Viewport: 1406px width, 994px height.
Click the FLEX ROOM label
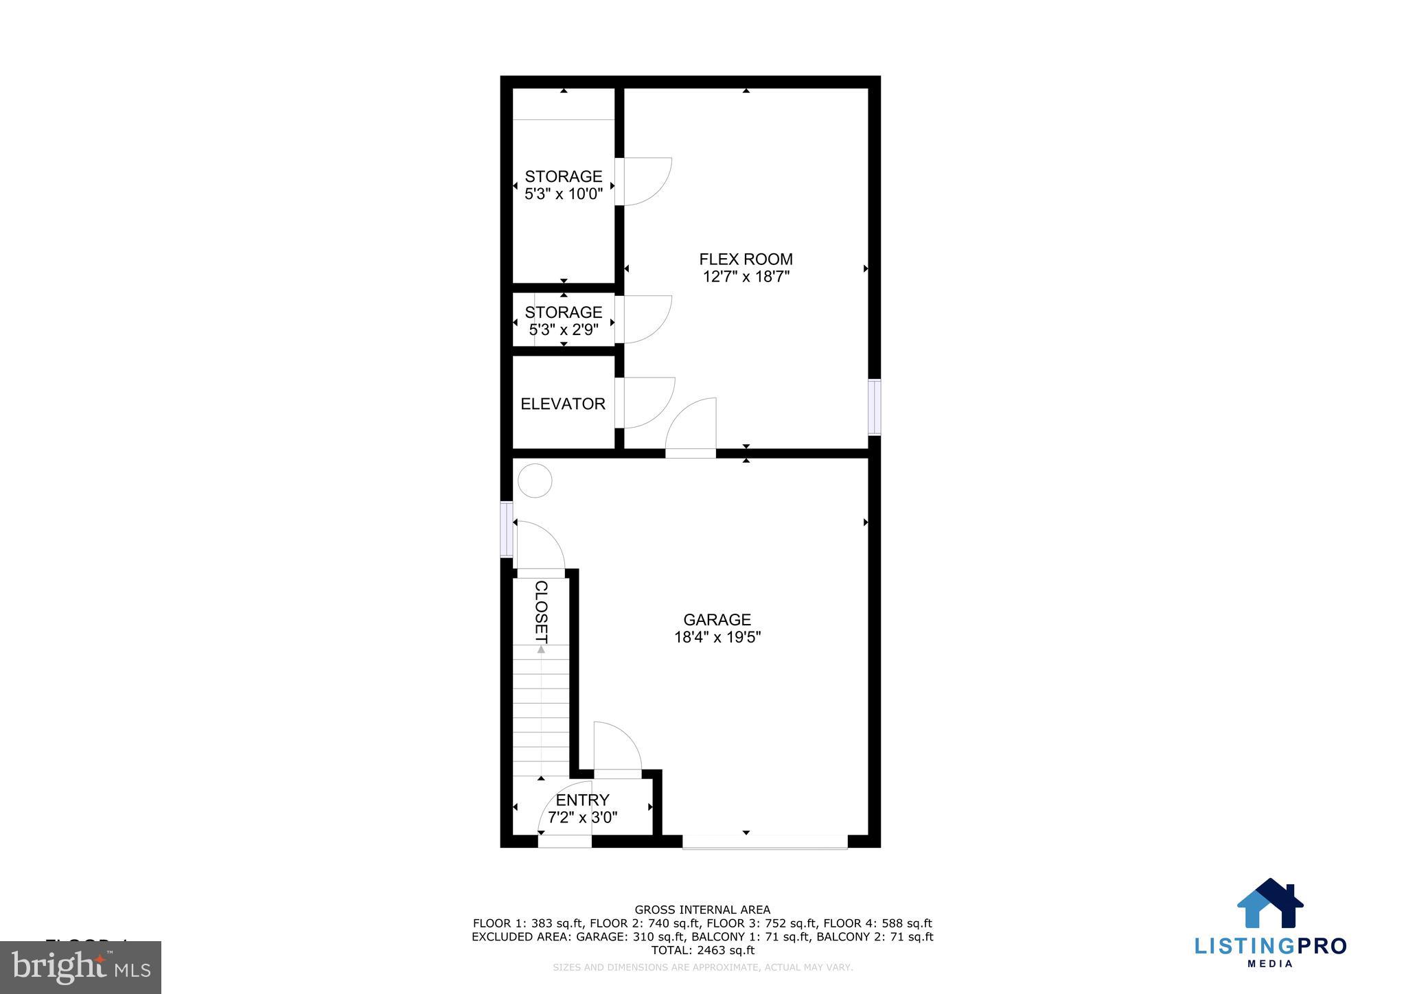(x=746, y=259)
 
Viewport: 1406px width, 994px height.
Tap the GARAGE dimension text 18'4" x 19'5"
(x=717, y=637)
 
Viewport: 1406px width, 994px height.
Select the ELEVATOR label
(x=563, y=404)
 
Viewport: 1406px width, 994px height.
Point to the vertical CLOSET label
(x=541, y=612)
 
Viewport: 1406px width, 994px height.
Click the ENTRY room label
(x=582, y=800)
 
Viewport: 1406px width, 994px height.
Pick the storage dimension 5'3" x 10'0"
(x=564, y=194)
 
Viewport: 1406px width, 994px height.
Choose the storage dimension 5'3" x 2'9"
(x=564, y=330)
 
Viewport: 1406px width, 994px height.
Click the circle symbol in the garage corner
(x=534, y=481)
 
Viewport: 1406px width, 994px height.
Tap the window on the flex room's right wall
(x=874, y=407)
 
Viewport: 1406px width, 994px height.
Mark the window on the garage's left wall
(x=507, y=529)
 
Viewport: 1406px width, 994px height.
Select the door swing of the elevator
(x=648, y=402)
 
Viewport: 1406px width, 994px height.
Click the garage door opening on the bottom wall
(x=765, y=842)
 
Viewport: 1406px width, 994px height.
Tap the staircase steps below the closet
(x=541, y=710)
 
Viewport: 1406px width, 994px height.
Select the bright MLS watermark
(x=80, y=968)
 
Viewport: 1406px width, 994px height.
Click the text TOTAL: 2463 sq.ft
(x=702, y=950)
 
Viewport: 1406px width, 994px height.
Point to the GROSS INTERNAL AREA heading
(x=702, y=910)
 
